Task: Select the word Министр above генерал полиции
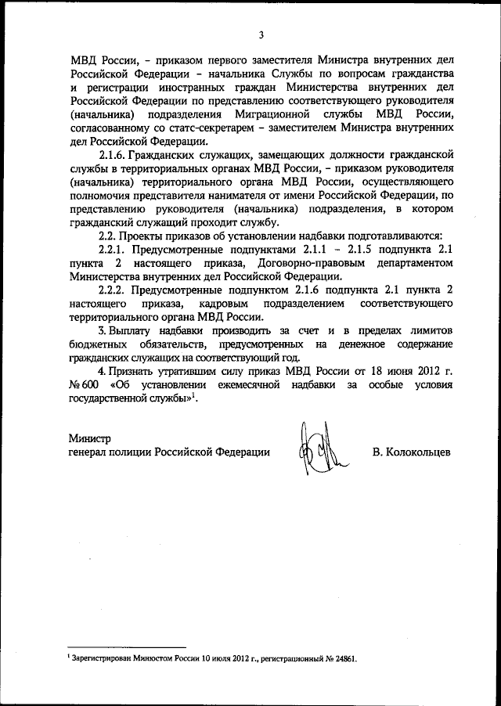tap(90, 438)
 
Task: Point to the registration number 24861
tap(341, 659)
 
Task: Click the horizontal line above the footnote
tap(126, 647)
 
